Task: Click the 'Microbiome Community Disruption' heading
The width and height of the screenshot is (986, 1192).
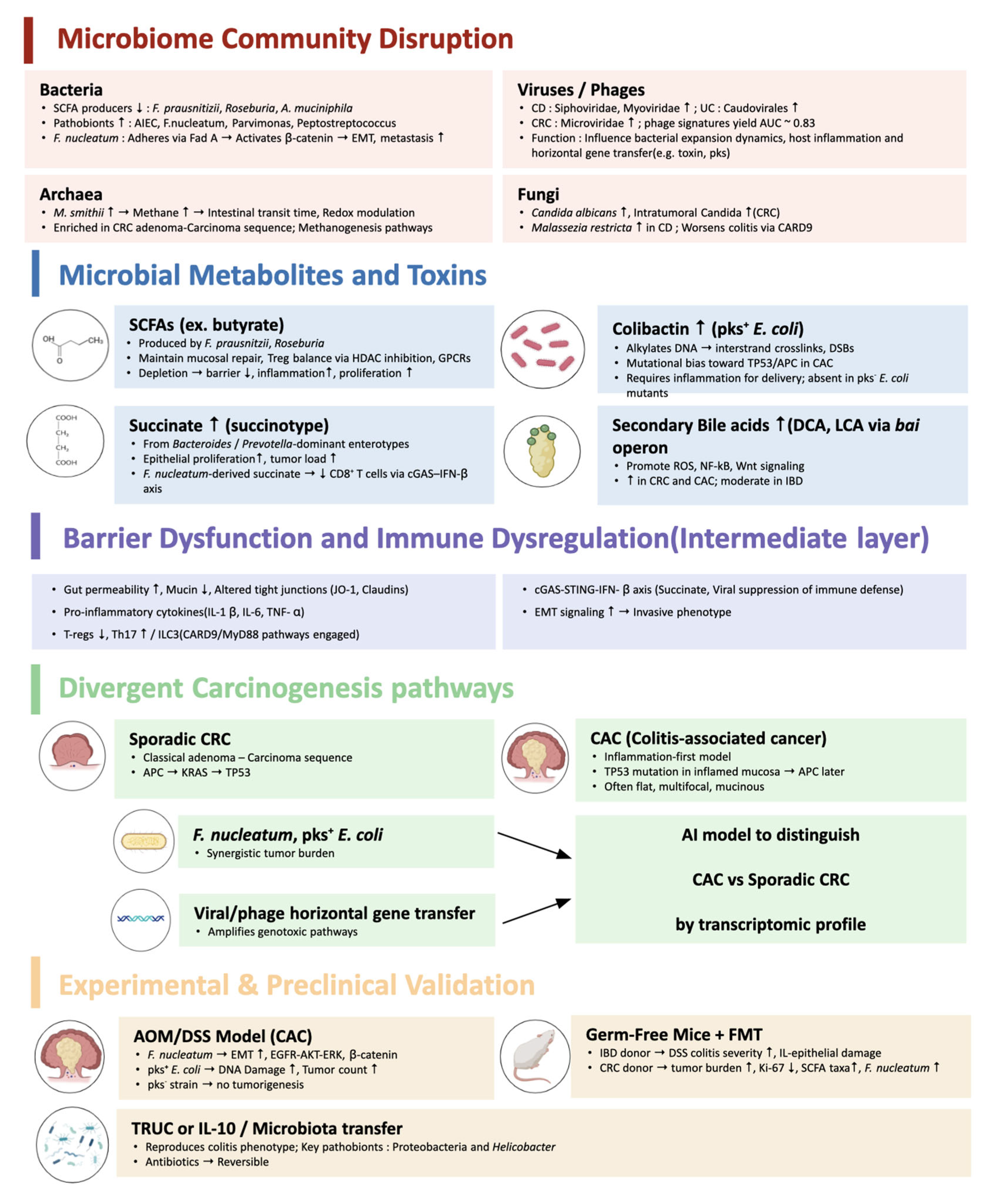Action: (x=285, y=39)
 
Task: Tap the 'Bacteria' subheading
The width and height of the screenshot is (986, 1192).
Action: (x=71, y=90)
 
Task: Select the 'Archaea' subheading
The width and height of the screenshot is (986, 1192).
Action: (x=71, y=194)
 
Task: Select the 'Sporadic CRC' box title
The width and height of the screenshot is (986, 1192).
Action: (x=179, y=739)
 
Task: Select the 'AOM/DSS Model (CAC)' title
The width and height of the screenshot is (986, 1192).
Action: (x=223, y=1036)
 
